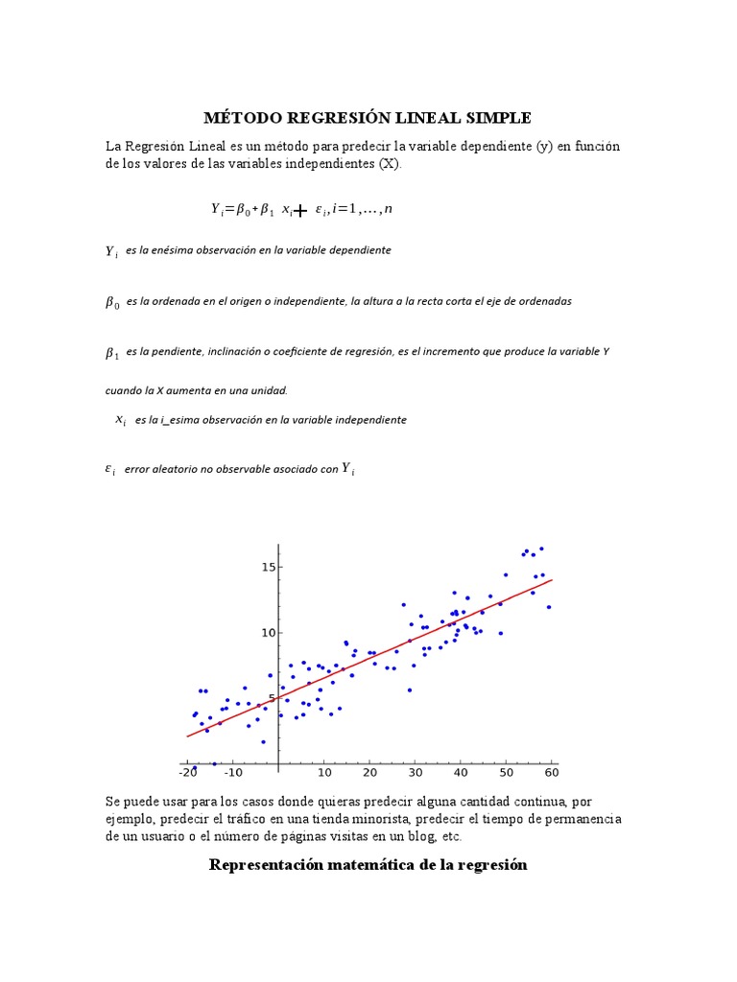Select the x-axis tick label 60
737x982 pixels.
tap(551, 772)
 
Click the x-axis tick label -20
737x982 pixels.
tap(187, 772)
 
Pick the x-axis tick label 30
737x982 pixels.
tap(415, 772)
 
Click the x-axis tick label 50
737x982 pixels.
tap(506, 772)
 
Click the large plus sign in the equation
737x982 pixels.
tap(300, 210)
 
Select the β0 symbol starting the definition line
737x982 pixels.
tap(111, 302)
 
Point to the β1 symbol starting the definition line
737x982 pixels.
tap(111, 353)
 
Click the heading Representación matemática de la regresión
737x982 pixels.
tap(368, 865)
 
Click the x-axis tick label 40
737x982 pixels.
tap(461, 772)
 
